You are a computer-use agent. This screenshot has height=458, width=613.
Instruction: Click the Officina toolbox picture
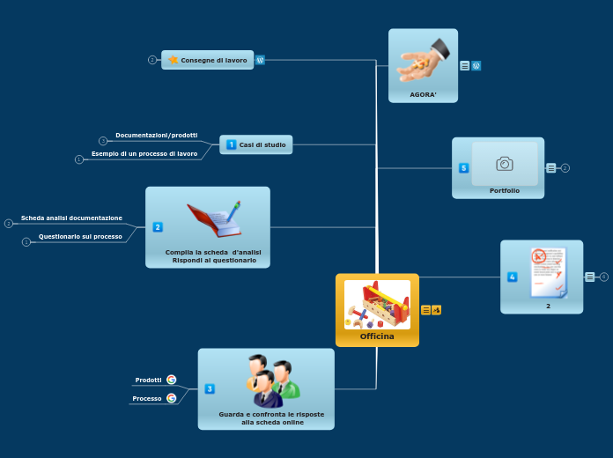377,304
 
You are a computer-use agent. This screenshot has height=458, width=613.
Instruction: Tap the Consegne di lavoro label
213,60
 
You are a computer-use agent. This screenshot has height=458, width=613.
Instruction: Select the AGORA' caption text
423,94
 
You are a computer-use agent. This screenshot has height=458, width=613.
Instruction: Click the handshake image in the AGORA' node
423,62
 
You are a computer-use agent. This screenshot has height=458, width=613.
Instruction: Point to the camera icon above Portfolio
505,163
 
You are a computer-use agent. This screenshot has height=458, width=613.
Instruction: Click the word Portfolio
505,190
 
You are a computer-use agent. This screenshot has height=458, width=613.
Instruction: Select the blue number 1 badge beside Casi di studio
231,144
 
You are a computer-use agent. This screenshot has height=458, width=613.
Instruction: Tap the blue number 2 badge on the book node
158,227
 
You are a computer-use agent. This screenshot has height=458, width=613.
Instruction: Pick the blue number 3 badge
210,388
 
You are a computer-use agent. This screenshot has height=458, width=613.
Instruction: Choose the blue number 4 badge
513,277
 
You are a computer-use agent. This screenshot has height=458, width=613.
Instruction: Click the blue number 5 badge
464,167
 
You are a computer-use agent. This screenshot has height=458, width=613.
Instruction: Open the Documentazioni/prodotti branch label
156,136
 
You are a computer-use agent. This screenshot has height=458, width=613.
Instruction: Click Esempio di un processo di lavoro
144,153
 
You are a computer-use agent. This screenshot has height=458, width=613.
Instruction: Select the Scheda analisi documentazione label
71,218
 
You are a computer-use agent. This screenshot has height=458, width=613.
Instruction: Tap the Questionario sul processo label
80,236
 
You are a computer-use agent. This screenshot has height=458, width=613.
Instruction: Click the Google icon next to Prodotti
171,380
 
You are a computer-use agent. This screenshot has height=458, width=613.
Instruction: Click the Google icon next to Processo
171,398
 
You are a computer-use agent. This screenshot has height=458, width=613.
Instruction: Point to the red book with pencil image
214,218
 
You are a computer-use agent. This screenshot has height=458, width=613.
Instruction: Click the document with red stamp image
548,272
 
